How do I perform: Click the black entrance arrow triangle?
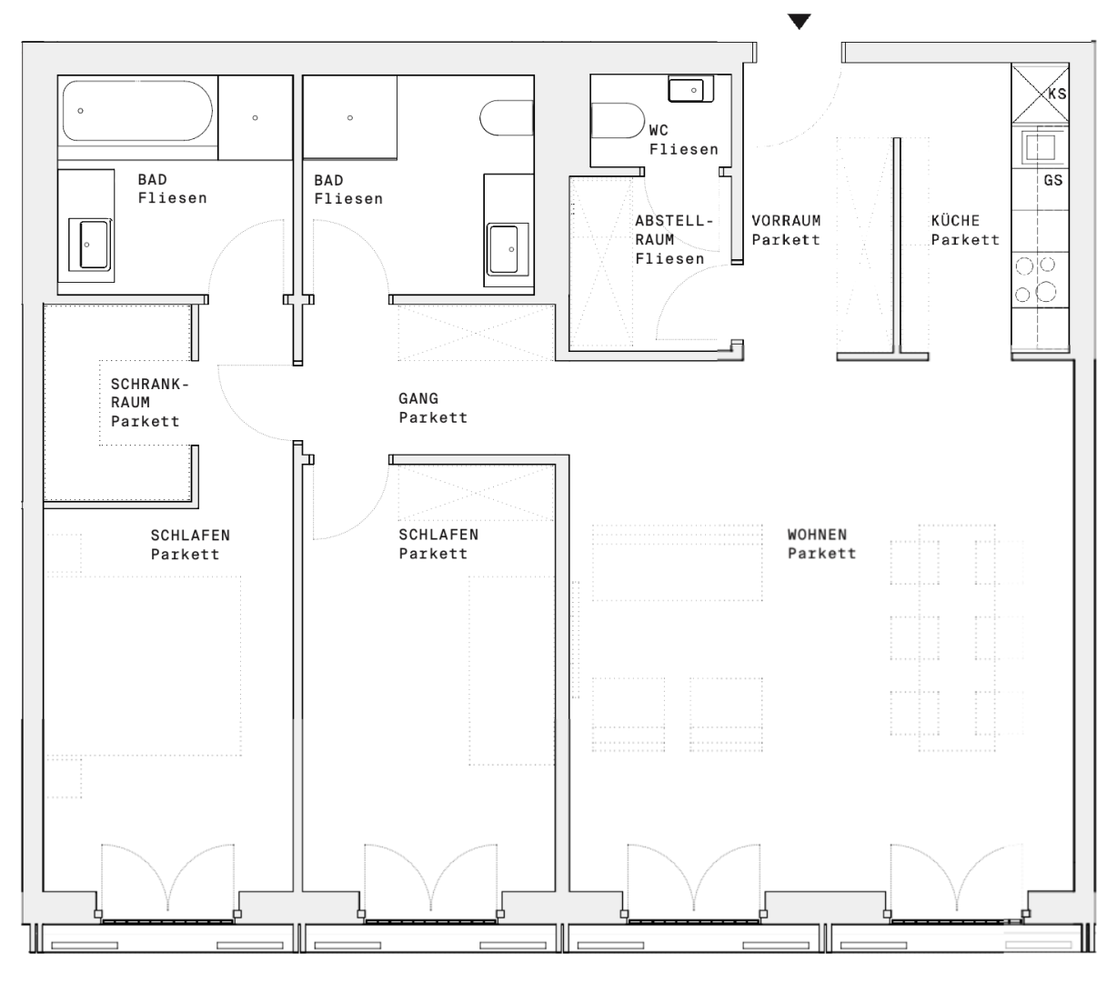799,22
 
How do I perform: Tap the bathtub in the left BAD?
137,111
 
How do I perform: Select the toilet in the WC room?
618,120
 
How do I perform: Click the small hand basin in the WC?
690,89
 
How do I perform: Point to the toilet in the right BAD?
507,117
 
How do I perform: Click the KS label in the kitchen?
1057,95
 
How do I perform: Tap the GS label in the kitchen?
1053,180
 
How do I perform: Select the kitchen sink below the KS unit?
1040,147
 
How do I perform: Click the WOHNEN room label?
817,535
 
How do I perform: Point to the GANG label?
418,398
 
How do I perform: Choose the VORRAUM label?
786,220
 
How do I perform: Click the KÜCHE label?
955,220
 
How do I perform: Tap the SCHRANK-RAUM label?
150,393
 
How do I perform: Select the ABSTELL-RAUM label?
674,230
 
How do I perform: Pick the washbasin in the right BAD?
507,249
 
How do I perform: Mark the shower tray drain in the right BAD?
350,118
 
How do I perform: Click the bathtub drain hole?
80,111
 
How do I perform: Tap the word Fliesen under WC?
684,149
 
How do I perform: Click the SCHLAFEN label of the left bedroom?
190,535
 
